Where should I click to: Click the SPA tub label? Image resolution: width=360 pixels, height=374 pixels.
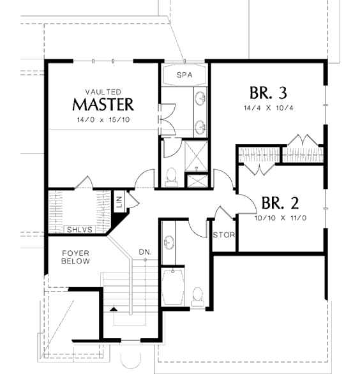[x=184, y=75]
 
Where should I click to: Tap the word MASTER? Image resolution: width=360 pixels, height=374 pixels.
[x=103, y=105]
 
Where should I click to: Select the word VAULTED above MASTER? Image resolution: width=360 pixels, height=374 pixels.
[x=103, y=92]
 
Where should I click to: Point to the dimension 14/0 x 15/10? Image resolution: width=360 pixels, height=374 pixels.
[x=103, y=119]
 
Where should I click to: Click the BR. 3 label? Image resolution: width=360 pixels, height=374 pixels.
[x=268, y=93]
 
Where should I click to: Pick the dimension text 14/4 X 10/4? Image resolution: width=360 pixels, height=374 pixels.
[x=268, y=108]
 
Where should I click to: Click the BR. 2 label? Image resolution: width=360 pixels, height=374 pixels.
[x=280, y=203]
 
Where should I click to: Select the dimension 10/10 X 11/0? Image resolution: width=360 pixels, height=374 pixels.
[x=281, y=218]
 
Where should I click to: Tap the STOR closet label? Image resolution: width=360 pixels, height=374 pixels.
[x=224, y=235]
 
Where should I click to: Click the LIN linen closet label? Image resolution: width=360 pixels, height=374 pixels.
[x=119, y=202]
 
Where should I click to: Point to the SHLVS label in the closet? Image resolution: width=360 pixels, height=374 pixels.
[x=79, y=230]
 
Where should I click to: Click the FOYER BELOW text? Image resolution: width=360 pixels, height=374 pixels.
[x=75, y=257]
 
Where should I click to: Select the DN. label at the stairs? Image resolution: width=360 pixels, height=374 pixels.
[x=145, y=252]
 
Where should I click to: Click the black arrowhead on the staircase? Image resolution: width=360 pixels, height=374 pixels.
[x=114, y=310]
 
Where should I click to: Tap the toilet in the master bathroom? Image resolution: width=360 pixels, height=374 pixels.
[x=171, y=177]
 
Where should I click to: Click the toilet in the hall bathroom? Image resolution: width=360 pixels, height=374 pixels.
[x=198, y=297]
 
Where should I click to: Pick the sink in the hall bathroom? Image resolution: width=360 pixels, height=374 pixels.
[x=169, y=243]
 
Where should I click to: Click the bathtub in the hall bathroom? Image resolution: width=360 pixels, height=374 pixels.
[x=173, y=287]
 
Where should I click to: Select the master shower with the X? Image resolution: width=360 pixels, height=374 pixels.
[x=196, y=156]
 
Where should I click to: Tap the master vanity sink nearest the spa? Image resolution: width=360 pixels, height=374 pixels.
[x=200, y=98]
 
